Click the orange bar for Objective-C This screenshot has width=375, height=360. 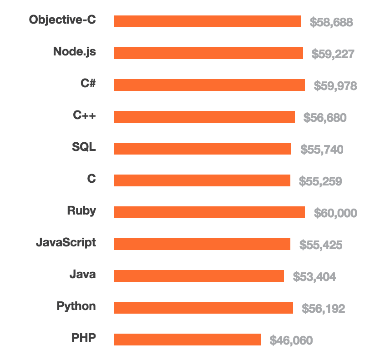pos(207,21)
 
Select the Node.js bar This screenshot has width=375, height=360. pos(208,53)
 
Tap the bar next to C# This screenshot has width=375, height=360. pos(209,85)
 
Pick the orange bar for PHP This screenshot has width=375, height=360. pos(187,340)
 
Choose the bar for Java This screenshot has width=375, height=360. pos(198,276)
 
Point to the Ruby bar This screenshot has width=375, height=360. pos(209,212)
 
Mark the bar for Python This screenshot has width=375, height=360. pos(203,308)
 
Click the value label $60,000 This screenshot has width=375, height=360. pos(335,213)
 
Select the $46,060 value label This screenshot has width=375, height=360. pos(291,340)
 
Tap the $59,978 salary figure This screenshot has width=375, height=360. pos(335,86)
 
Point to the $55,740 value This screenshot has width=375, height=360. pos(322,150)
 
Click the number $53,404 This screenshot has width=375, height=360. pos(314,277)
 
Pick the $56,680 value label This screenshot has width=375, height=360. pos(324,118)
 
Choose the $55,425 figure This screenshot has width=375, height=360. pos(320,245)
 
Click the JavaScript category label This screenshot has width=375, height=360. pos(66,243)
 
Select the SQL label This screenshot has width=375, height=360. pos(84,147)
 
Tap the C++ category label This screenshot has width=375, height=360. pos(84,115)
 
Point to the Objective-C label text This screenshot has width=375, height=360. pos(62,20)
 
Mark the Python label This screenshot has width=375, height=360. pos(76,306)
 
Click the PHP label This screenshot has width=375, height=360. pos(84,338)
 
